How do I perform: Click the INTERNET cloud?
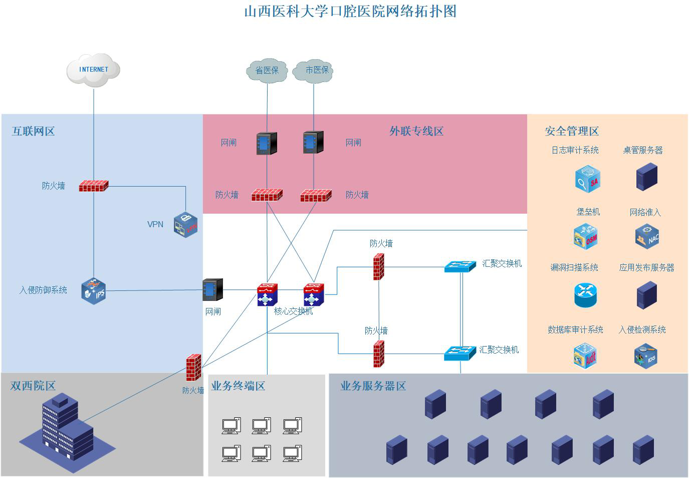[94, 70]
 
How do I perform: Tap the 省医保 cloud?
[267, 70]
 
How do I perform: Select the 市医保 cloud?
[314, 70]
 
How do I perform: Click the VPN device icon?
[185, 224]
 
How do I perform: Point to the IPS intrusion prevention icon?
[94, 290]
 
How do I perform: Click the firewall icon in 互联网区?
[94, 186]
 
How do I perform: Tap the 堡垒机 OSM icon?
[586, 237]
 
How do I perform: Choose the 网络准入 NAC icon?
[647, 237]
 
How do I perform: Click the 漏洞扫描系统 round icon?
[585, 294]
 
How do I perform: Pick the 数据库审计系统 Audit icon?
[585, 356]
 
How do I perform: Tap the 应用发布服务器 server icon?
[646, 295]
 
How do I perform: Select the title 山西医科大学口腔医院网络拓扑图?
[350, 11]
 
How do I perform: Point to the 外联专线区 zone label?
[416, 131]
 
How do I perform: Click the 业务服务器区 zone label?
[373, 386]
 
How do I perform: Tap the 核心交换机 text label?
[293, 311]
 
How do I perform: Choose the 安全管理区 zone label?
[572, 131]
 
